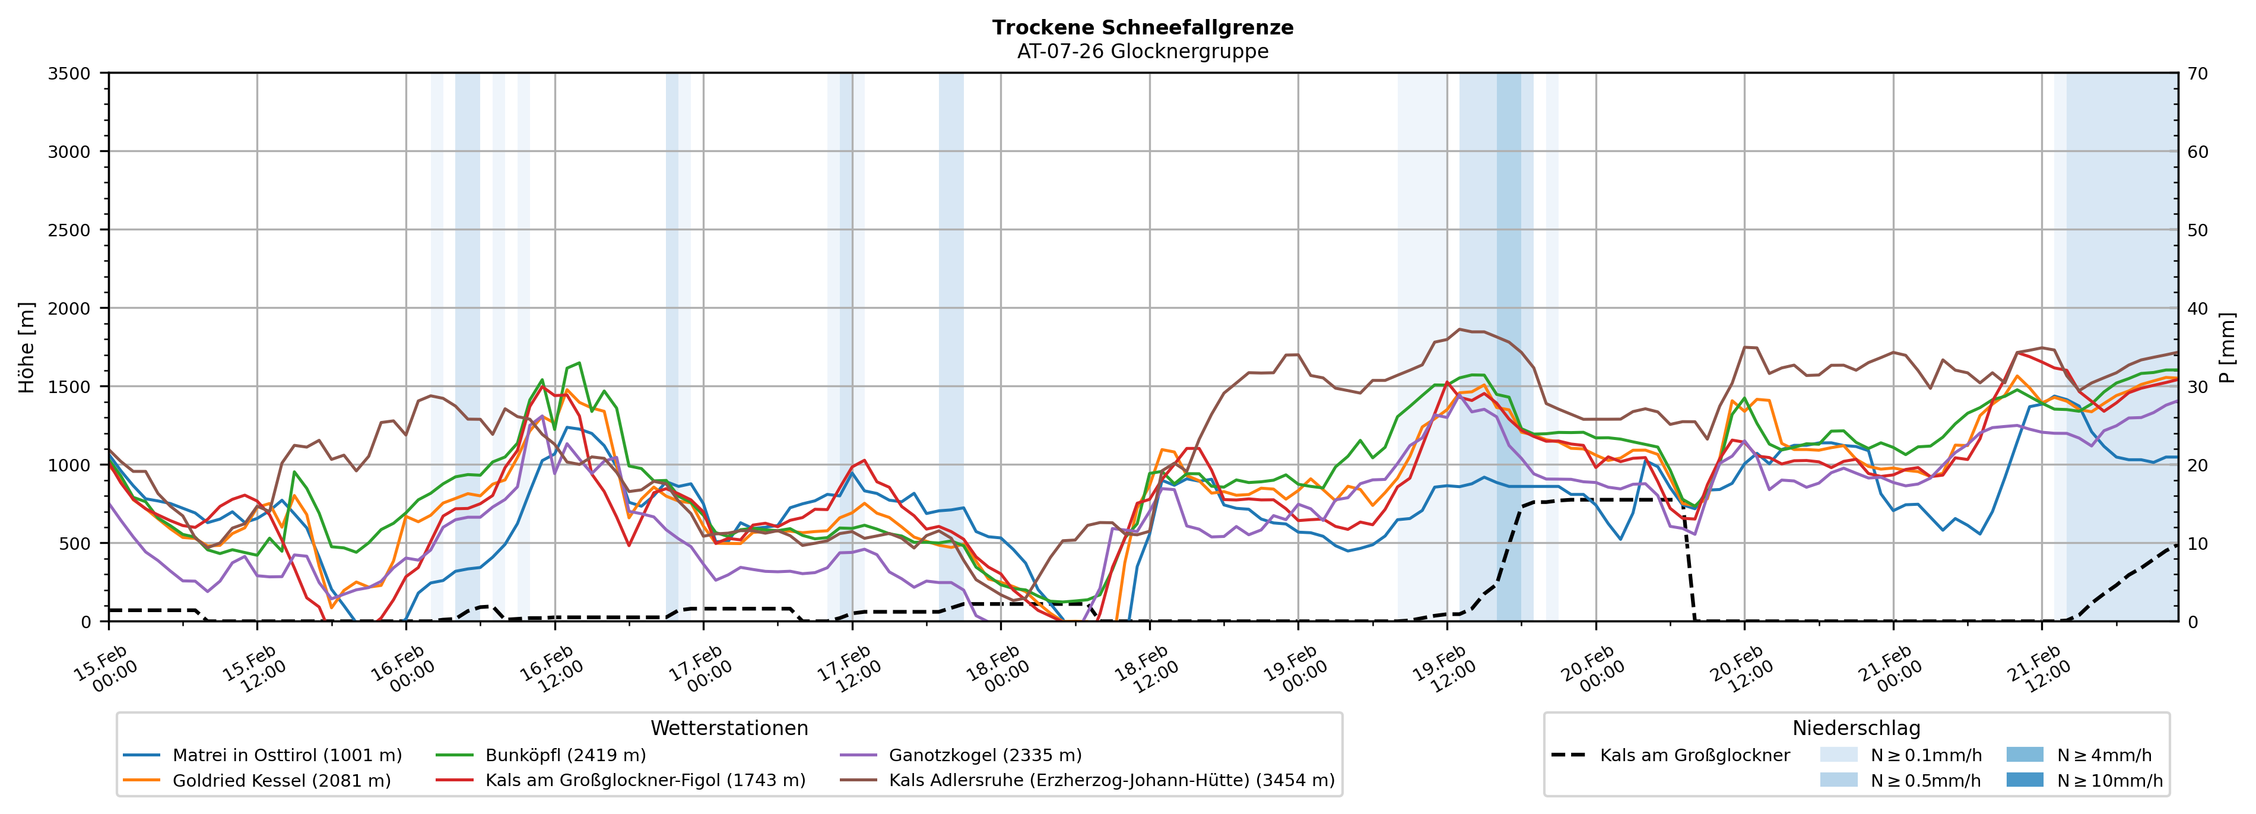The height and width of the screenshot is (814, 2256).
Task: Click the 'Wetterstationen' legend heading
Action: [729, 728]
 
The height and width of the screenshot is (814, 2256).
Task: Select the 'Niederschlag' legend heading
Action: [1856, 728]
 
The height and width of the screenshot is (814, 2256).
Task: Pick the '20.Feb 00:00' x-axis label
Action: [1593, 670]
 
